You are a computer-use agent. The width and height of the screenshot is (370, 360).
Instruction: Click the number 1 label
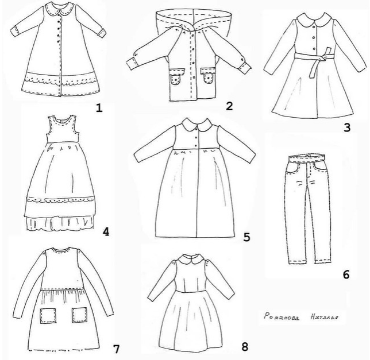coord(99,107)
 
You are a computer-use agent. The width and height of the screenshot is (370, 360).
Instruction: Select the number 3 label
coord(346,127)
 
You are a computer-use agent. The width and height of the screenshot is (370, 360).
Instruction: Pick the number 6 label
coord(345,274)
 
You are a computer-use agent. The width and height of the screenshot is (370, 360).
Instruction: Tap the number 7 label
coord(116,349)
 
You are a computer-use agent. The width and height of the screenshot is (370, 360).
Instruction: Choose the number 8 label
coord(245,347)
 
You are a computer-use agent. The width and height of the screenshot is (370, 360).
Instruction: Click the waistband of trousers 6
coord(309,157)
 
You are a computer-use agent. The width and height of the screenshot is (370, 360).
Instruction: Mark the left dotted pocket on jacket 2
coord(174,77)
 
